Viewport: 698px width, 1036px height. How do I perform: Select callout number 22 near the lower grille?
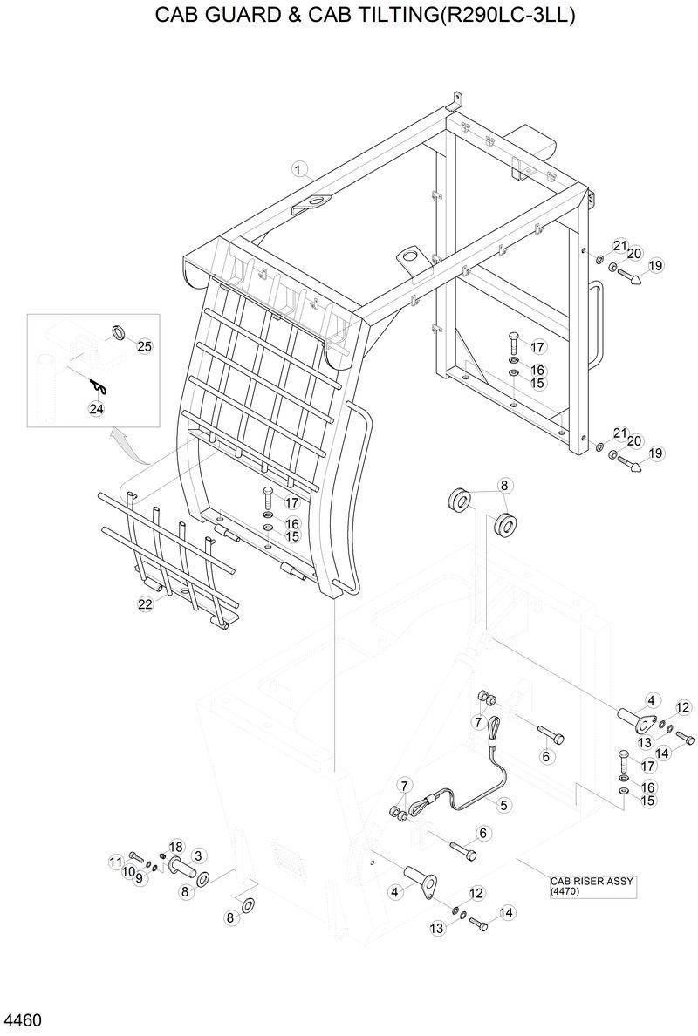[x=145, y=603]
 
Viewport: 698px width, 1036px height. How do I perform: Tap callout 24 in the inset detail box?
[x=96, y=407]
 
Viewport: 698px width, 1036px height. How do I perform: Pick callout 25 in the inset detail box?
[x=145, y=346]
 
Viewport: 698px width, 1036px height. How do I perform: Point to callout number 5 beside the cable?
[x=503, y=803]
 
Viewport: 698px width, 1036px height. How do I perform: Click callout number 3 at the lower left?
[x=198, y=855]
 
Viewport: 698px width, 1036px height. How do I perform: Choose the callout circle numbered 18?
[x=175, y=847]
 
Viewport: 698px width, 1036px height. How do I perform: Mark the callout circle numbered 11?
[x=115, y=862]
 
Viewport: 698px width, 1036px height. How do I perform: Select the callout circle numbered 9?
[x=139, y=877]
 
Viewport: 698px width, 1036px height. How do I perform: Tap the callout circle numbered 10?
[x=127, y=871]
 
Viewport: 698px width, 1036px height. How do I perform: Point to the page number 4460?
[x=24, y=1019]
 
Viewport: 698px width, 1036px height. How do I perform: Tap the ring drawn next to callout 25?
[x=117, y=331]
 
